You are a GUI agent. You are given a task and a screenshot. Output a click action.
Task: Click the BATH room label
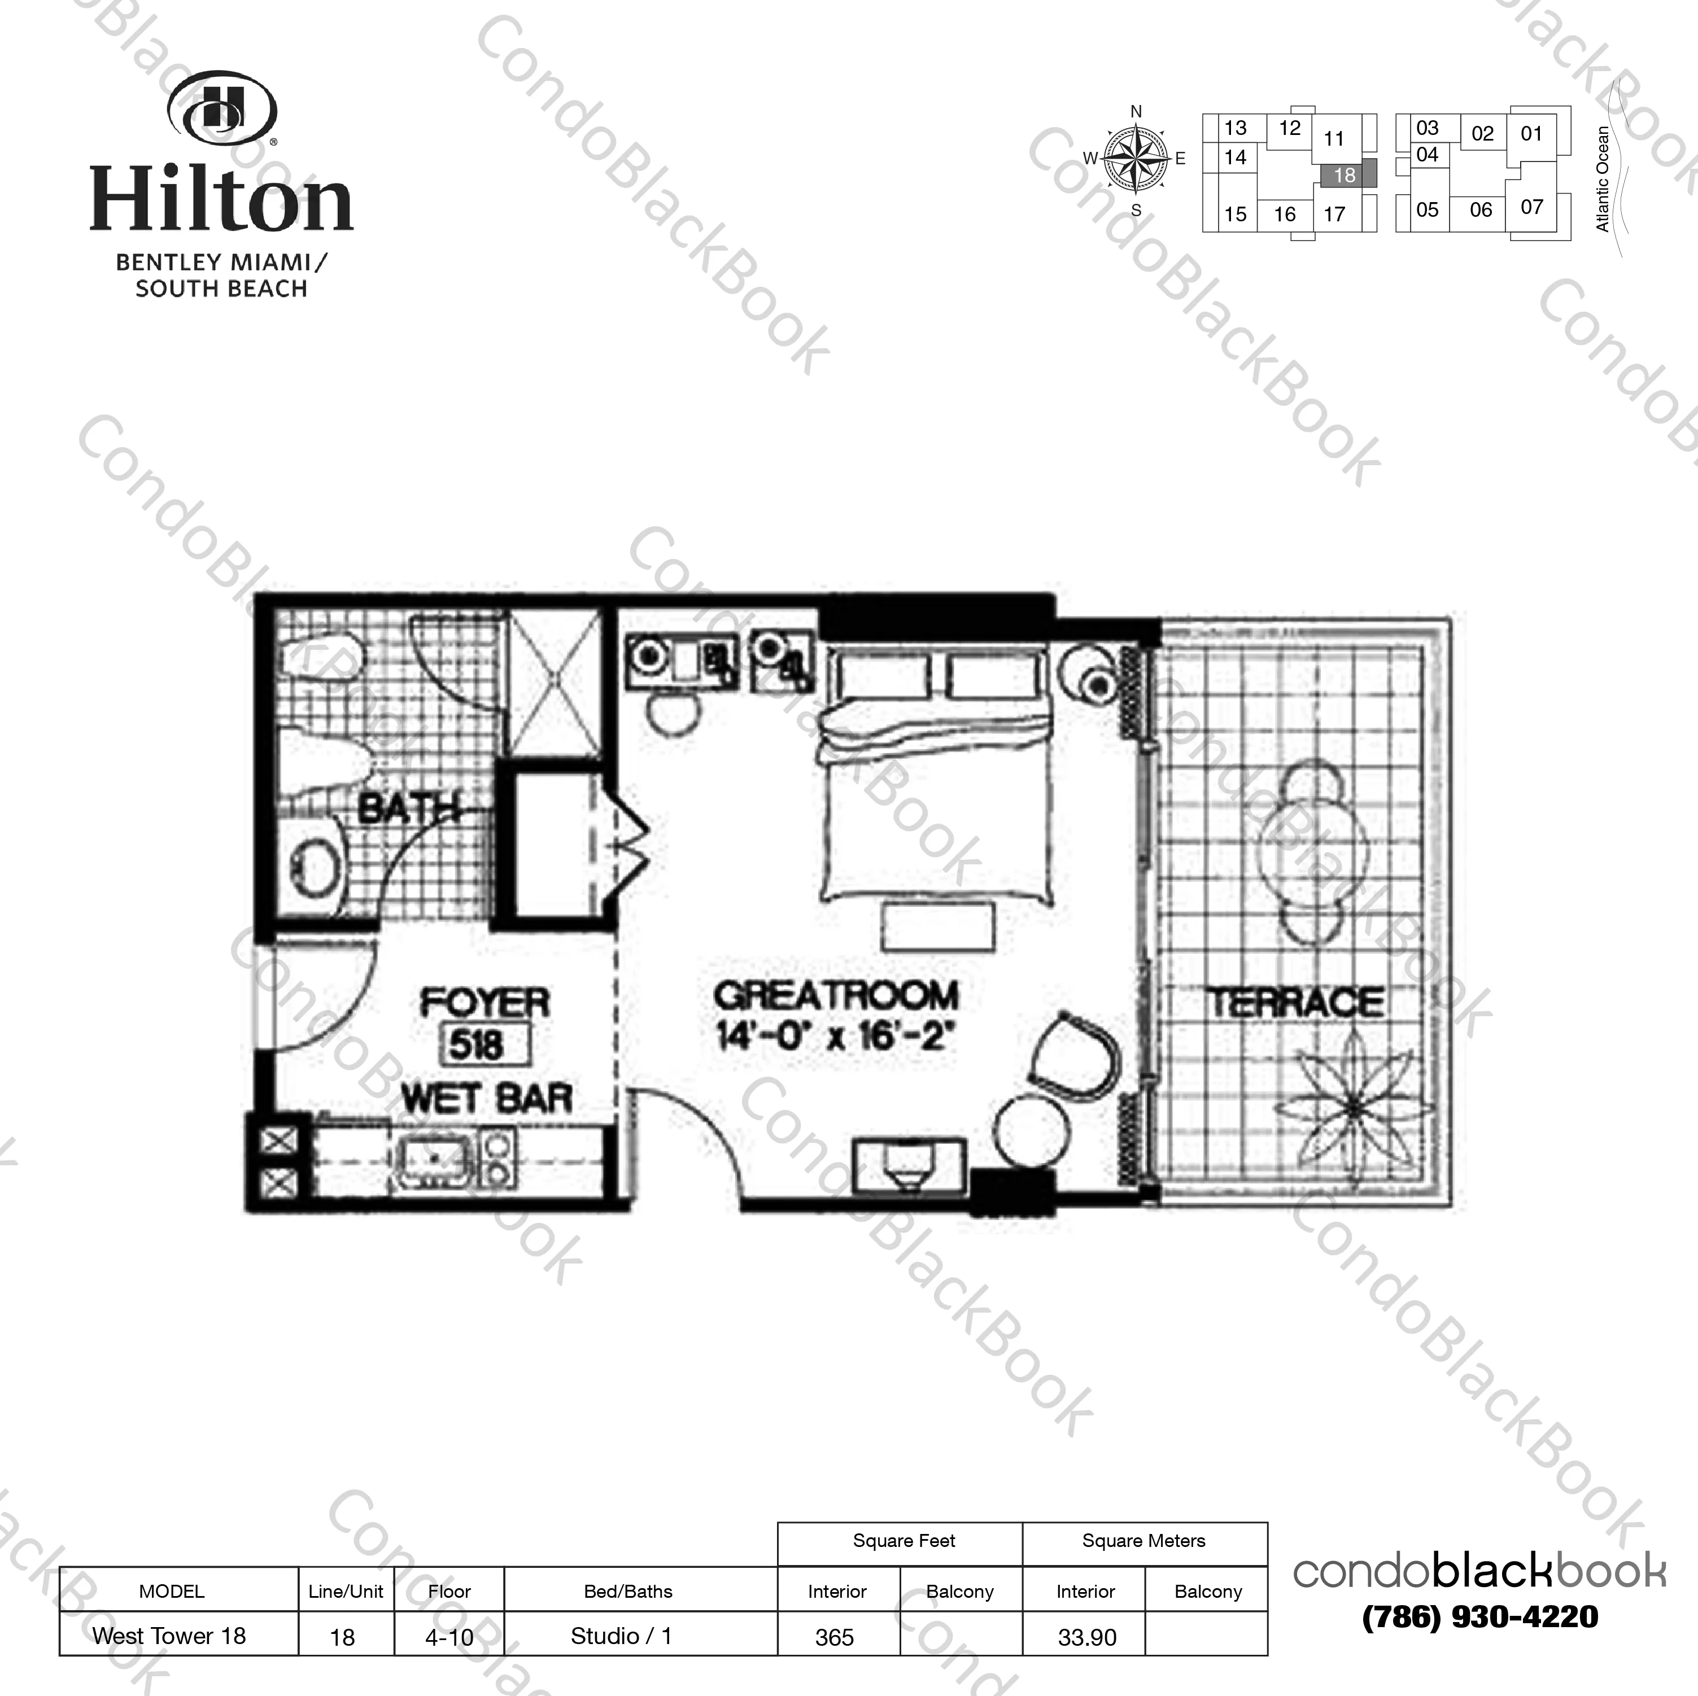409,807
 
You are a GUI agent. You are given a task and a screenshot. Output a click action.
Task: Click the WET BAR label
487,1099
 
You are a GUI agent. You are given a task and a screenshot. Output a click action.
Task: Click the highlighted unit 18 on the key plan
1344,175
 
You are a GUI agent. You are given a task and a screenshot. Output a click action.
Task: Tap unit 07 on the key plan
1532,207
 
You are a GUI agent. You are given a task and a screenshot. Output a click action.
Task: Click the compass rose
1136,159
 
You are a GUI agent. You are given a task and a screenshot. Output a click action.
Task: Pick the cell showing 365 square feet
835,1637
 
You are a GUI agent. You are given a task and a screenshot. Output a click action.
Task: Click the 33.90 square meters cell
1087,1637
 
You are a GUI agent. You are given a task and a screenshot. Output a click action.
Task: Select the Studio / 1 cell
621,1636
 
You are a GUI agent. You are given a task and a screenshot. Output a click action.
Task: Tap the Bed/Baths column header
628,1592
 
